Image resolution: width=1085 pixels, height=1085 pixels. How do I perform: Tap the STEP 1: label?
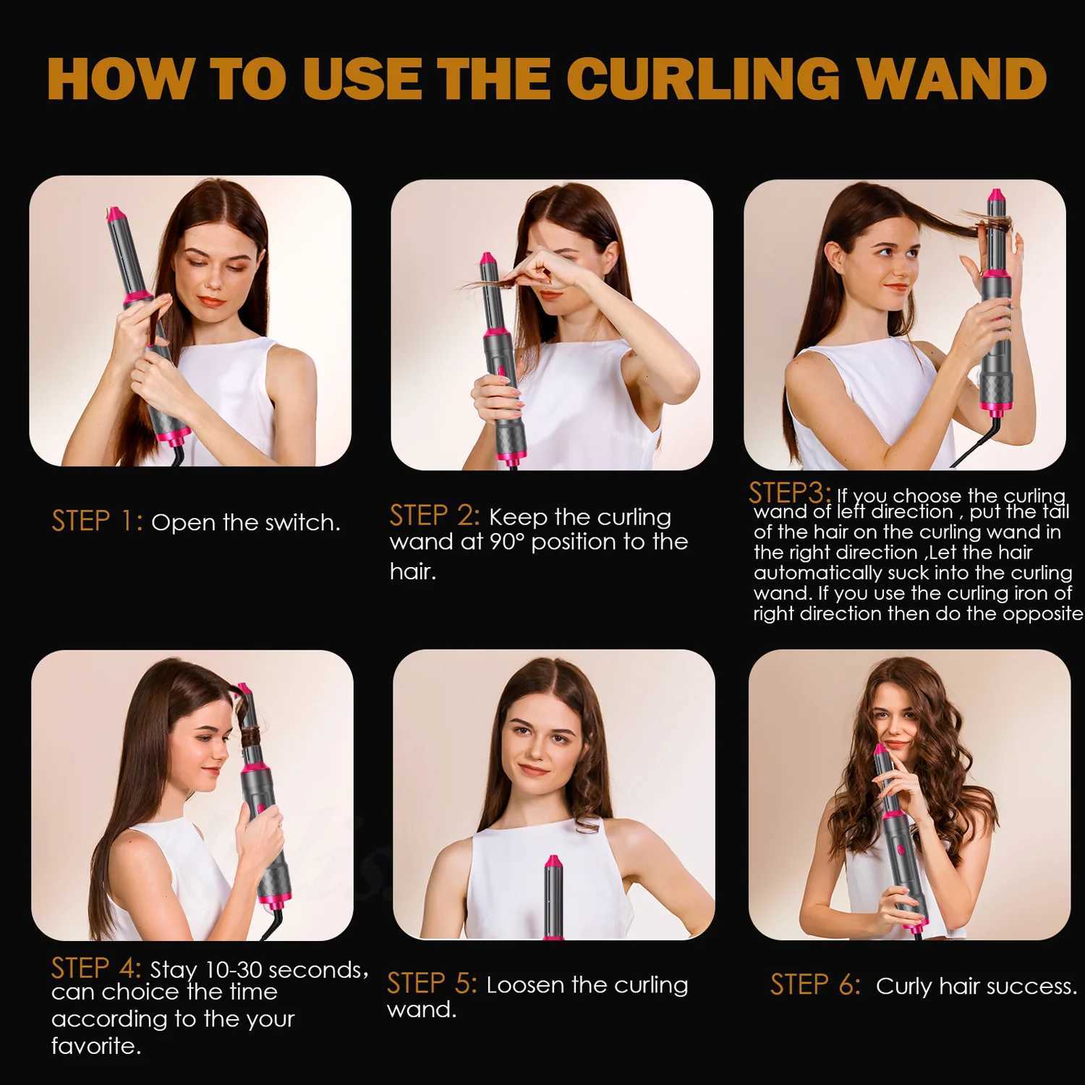pyautogui.click(x=97, y=521)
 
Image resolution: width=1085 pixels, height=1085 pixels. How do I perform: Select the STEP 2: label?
pyautogui.click(x=434, y=516)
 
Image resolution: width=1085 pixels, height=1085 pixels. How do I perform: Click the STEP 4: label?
pyautogui.click(x=95, y=968)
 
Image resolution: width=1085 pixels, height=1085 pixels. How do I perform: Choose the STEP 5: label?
pyautogui.click(x=432, y=984)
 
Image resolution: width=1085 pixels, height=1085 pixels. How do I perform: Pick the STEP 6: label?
pyautogui.click(x=815, y=984)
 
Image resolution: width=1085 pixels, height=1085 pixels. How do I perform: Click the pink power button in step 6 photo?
pyautogui.click(x=901, y=847)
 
